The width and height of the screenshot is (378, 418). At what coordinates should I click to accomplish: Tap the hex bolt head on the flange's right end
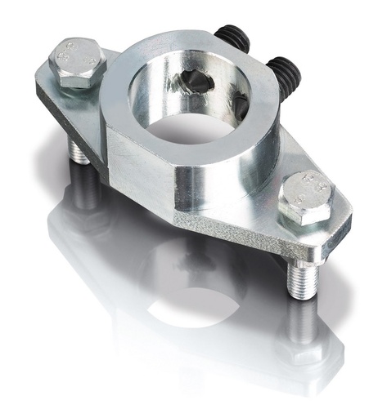coord(304,196)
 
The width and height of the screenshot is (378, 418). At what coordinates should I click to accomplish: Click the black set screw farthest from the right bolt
coord(233,38)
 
